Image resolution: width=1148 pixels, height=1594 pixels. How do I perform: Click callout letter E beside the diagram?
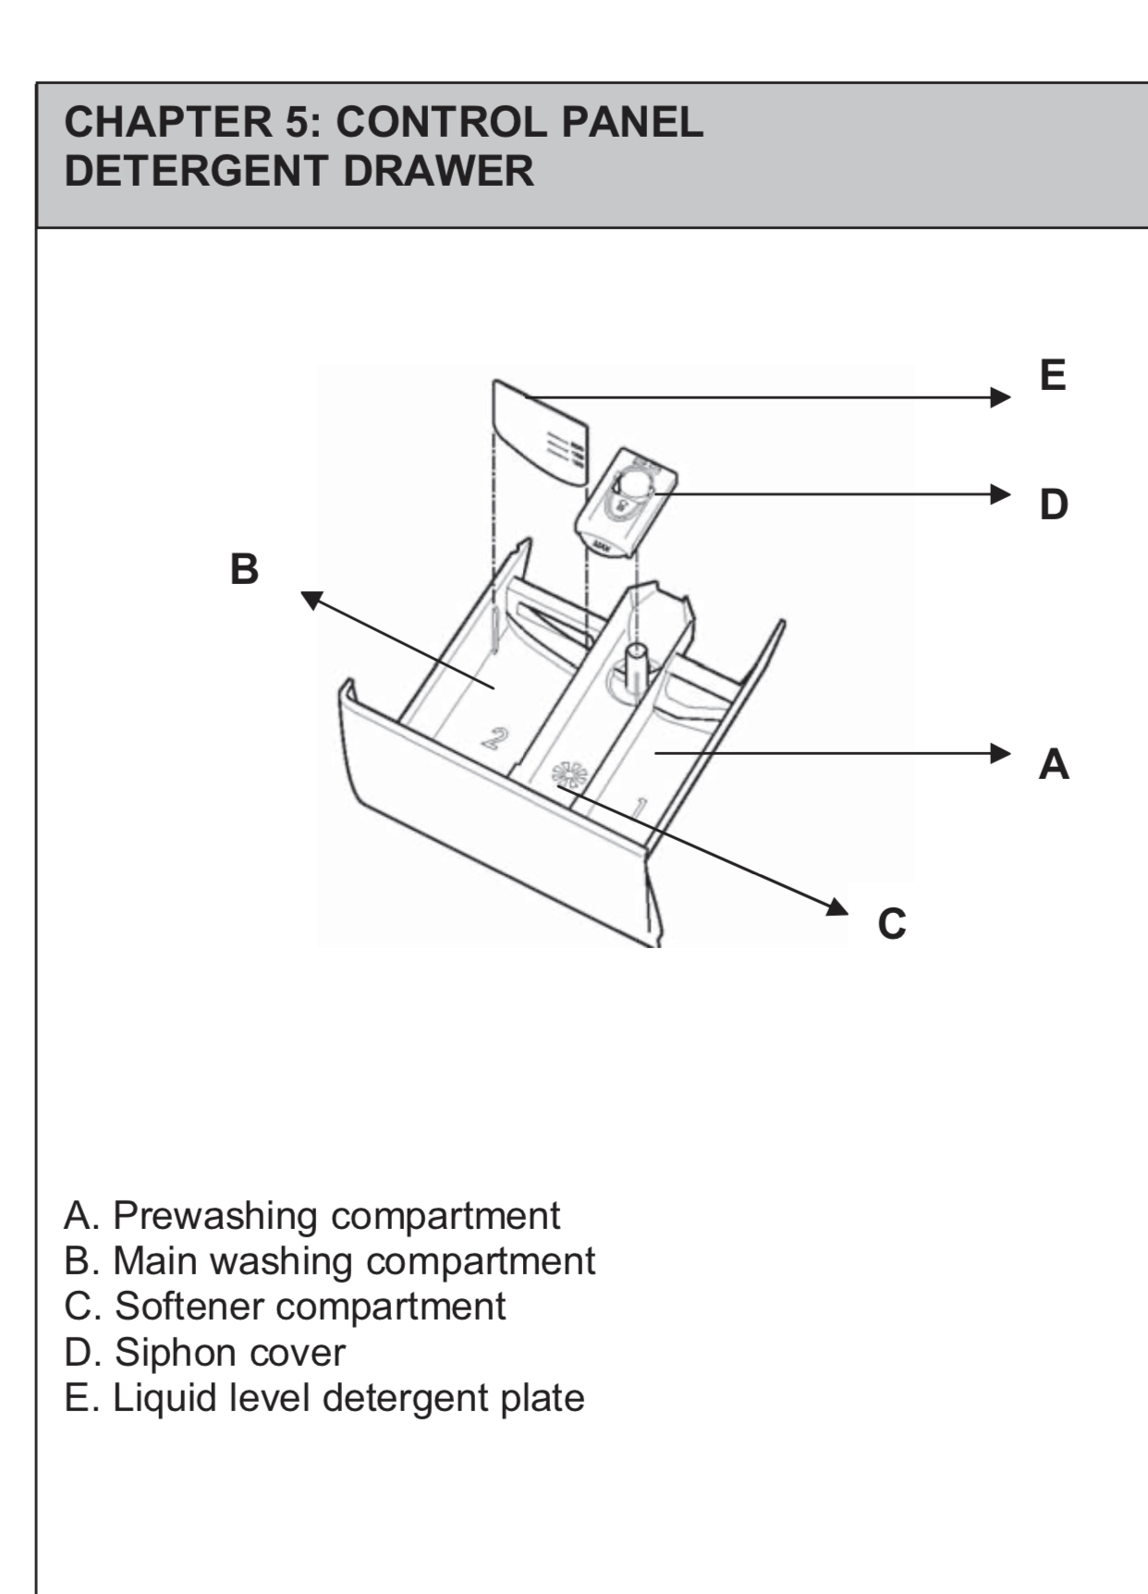(x=1053, y=375)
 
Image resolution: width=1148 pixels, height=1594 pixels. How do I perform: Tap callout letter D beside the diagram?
(x=1053, y=505)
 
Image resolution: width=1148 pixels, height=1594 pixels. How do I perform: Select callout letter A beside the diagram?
(x=1054, y=764)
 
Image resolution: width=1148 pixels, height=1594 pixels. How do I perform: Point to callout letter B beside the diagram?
(x=244, y=569)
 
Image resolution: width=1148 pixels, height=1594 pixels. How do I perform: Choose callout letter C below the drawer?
(x=892, y=923)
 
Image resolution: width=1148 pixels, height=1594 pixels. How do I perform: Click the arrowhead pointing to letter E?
(x=1000, y=397)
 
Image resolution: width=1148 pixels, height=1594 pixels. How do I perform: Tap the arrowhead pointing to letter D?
(x=1000, y=493)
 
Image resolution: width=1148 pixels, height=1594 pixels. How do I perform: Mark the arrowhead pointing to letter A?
(x=1000, y=753)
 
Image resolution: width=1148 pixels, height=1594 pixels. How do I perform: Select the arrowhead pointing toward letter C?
(x=837, y=907)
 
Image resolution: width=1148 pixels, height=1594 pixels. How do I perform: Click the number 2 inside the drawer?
(x=495, y=736)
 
